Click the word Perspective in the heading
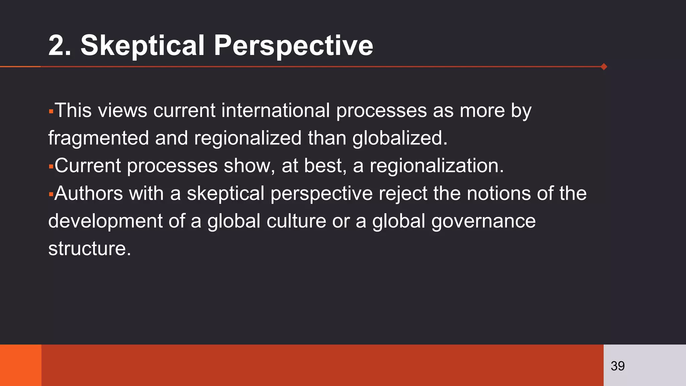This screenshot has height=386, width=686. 293,46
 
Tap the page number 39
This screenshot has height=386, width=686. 617,366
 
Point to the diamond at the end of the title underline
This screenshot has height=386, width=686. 604,67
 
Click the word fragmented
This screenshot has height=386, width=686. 98,138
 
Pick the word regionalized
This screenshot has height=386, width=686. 248,138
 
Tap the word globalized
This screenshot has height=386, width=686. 400,138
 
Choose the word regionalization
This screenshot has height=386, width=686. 436,166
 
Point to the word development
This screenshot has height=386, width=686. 105,221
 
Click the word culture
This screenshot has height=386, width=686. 296,221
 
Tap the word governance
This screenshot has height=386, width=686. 483,221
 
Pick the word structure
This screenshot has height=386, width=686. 89,249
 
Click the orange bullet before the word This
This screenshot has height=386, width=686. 51,111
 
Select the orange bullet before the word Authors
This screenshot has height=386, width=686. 51,194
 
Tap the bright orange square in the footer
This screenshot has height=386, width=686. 20,365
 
